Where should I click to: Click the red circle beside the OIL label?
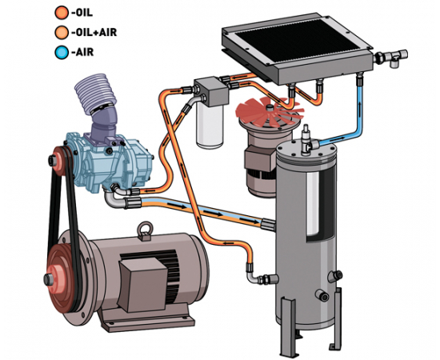click(62, 13)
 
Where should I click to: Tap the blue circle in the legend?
click(62, 52)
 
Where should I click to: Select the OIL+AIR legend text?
click(94, 33)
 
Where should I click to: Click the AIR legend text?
click(82, 52)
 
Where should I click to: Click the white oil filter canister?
click(210, 124)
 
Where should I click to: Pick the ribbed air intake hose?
click(95, 94)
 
